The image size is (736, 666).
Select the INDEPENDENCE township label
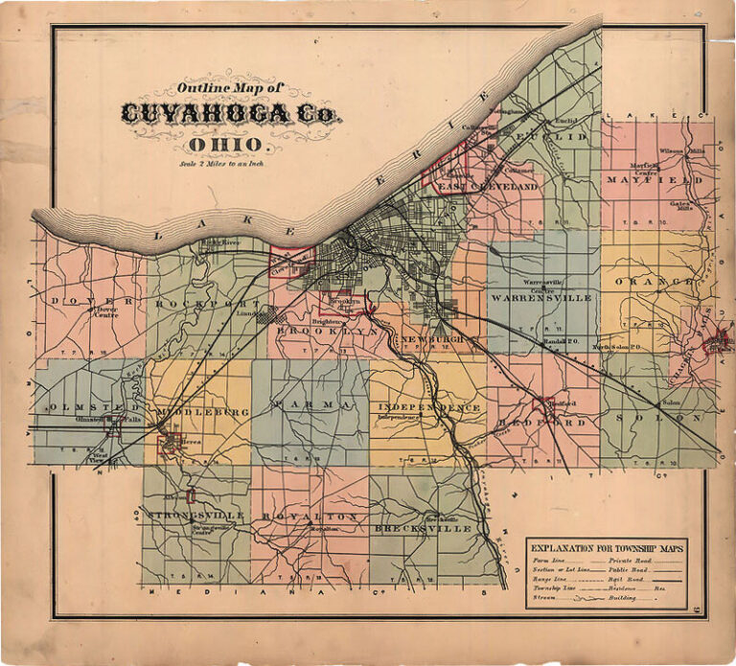[427, 408]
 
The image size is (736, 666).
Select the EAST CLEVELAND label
[489, 187]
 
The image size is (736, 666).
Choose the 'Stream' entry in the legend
[545, 596]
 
